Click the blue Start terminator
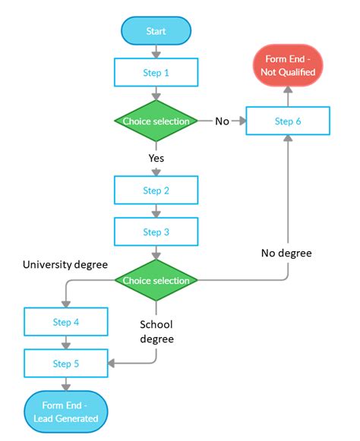pos(156,31)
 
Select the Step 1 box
pos(156,73)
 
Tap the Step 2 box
pos(156,191)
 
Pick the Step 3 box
pos(156,232)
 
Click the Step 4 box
pos(66,322)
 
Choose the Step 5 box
pos(66,364)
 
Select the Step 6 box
pos(288,121)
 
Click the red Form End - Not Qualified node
pos(288,65)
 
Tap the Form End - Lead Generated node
pos(66,410)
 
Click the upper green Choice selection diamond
pos(156,121)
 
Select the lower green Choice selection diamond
pos(156,281)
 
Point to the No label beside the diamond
pos(223,121)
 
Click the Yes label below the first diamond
pos(156,159)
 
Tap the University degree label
pos(65,265)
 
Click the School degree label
pos(156,332)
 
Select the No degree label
pos(286,253)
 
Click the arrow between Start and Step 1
pos(156,52)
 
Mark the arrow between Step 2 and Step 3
pos(156,211)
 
